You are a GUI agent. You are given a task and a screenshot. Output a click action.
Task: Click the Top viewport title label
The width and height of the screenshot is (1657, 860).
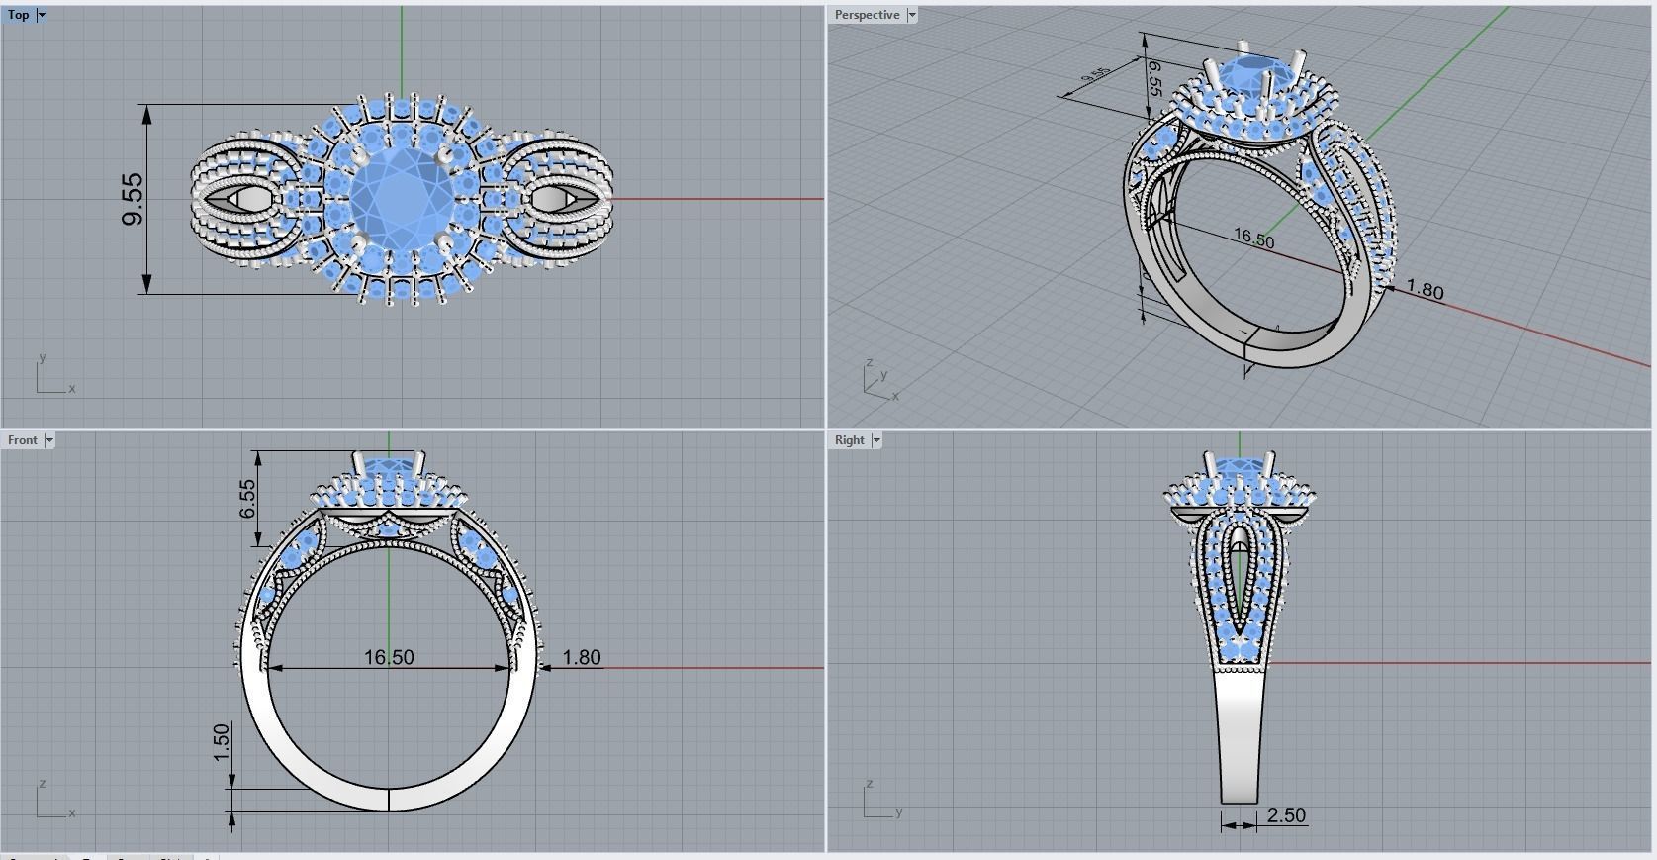pyautogui.click(x=18, y=15)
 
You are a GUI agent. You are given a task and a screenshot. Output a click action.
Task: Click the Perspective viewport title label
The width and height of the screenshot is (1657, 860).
pyautogui.click(x=867, y=15)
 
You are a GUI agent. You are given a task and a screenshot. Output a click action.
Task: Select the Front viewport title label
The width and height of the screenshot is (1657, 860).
pyautogui.click(x=22, y=440)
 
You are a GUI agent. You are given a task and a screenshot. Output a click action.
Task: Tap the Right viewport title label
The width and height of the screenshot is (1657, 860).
pyautogui.click(x=849, y=440)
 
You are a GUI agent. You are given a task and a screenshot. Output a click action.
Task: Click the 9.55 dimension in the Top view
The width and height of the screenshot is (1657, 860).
pyautogui.click(x=133, y=199)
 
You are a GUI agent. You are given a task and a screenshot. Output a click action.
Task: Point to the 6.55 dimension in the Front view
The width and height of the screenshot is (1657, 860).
pyautogui.click(x=247, y=499)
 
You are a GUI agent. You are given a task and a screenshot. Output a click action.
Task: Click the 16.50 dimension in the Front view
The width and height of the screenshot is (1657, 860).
pyautogui.click(x=389, y=657)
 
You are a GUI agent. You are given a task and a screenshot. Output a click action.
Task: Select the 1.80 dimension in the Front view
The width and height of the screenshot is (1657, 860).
pyautogui.click(x=582, y=657)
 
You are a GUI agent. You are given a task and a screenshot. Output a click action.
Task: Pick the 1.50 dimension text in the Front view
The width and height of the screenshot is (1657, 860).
pyautogui.click(x=221, y=743)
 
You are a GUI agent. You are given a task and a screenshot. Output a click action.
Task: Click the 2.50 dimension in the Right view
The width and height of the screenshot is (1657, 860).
pyautogui.click(x=1286, y=815)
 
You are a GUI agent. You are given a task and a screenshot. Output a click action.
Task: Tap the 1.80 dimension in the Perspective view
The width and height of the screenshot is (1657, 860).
pyautogui.click(x=1425, y=290)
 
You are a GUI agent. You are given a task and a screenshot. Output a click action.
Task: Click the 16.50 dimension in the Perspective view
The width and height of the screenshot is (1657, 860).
pyautogui.click(x=1253, y=238)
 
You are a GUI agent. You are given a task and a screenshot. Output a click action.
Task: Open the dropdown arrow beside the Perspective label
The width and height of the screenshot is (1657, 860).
pyautogui.click(x=912, y=15)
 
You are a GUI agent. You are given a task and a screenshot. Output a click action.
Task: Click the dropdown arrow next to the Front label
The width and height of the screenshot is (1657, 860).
pyautogui.click(x=49, y=440)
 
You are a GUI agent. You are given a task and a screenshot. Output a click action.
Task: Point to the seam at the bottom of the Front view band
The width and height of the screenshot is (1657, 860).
pyautogui.click(x=389, y=800)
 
